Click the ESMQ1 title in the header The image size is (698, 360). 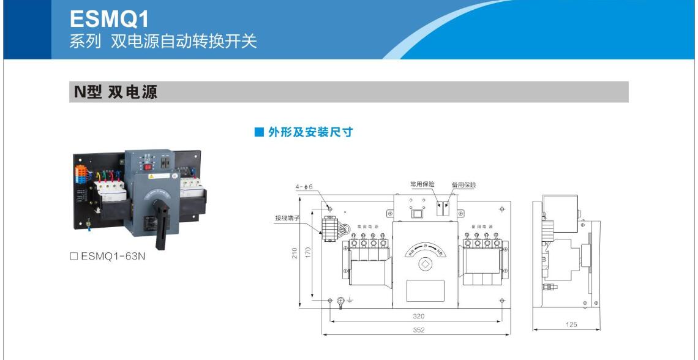coord(110,19)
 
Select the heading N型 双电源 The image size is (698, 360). coord(116,92)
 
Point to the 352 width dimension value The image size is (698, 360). coord(418,330)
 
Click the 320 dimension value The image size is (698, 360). coord(418,317)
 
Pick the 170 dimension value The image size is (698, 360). coord(308,252)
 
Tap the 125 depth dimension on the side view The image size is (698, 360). coord(571,324)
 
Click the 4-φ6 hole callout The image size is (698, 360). coord(304,186)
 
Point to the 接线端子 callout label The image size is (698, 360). coord(287,218)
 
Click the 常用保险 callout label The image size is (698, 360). coord(422,184)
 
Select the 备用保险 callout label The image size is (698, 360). coord(463,184)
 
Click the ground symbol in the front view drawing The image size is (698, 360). coord(350,301)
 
